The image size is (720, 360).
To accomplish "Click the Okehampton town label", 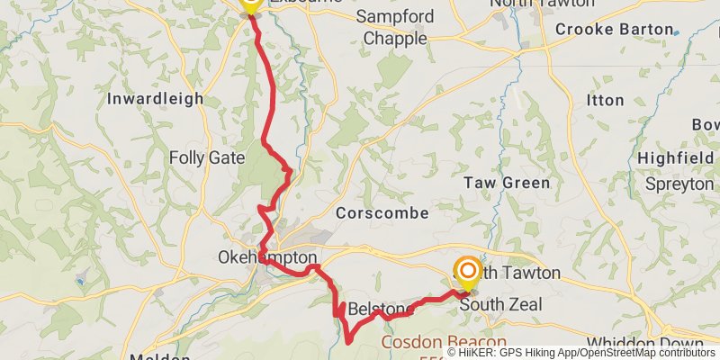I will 267,257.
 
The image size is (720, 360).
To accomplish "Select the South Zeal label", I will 500,305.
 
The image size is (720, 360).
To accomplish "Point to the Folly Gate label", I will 206,158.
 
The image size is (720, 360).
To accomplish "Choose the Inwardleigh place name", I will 155,99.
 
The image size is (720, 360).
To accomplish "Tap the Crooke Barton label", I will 614,30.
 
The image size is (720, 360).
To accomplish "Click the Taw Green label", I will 506,183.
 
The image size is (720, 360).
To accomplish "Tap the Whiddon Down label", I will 644,343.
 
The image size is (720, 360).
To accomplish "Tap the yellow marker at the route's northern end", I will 249,5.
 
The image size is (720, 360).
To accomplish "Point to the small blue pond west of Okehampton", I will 81,282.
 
